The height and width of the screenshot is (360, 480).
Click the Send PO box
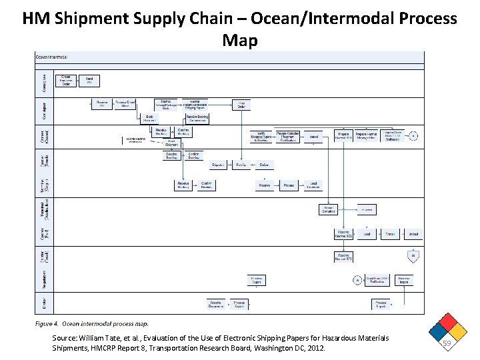[89, 80]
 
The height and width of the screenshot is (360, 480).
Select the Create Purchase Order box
[66, 80]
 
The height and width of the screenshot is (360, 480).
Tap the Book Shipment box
[149, 118]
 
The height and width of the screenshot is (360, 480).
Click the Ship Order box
[241, 105]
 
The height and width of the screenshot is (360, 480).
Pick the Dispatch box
[217, 164]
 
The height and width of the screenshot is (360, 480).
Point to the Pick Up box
[241, 164]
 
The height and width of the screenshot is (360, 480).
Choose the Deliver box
[264, 164]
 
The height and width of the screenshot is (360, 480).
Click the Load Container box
[313, 185]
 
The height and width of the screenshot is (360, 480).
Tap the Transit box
[390, 234]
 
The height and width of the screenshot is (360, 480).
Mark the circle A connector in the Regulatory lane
[357, 280]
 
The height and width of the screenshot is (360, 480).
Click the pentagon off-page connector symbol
[413, 256]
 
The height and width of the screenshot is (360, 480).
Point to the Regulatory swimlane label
[43, 279]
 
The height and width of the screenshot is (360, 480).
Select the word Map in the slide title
[239, 41]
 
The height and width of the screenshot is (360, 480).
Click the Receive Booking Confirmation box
[197, 118]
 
